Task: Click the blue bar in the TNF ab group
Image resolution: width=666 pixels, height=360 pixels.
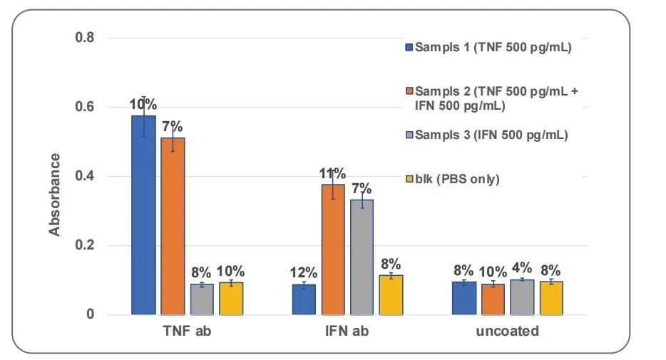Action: [143, 215]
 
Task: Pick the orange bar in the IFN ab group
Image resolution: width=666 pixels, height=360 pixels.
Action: [333, 249]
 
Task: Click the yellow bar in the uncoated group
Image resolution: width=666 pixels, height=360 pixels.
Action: [551, 298]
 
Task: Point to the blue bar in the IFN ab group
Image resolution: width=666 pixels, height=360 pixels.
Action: [304, 299]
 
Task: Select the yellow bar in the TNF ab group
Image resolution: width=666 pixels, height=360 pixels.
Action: [231, 298]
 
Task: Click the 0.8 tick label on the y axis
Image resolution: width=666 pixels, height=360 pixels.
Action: [85, 38]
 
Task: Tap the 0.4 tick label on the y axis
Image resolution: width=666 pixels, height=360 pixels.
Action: [85, 176]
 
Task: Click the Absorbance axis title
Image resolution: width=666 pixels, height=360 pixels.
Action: [55, 194]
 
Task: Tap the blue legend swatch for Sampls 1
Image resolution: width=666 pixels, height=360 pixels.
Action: [409, 48]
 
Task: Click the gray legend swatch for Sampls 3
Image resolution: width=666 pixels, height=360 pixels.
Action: [409, 135]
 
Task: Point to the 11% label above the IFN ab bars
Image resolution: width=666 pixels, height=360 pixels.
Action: [333, 174]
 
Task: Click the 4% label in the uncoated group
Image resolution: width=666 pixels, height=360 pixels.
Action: [522, 269]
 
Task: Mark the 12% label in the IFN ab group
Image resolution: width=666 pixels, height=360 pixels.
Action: [304, 272]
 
